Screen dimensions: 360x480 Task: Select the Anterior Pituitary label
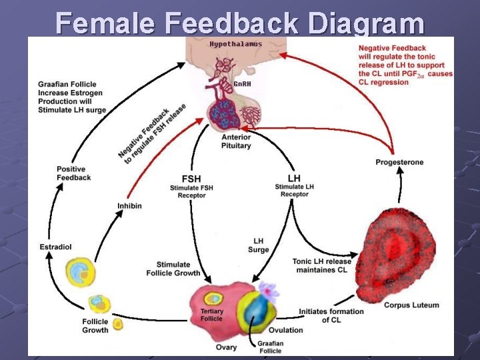pos(236,141)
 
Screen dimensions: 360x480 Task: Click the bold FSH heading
pos(191,179)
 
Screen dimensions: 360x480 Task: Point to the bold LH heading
pos(294,178)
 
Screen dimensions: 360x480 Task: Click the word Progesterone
pos(399,162)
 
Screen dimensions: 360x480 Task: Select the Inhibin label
pos(129,206)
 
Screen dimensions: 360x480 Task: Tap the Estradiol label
pos(55,247)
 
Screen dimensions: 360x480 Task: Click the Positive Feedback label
pos(73,173)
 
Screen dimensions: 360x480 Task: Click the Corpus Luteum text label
pos(411,305)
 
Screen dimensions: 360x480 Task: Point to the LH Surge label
pos(259,245)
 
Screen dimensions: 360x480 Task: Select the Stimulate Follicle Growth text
pos(173,269)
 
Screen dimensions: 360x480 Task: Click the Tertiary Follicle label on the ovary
pos(212,315)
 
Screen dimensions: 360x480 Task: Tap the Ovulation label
pos(285,330)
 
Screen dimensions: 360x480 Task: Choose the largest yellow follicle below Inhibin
pos(79,271)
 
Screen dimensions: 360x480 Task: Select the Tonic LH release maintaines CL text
pos(321,265)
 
